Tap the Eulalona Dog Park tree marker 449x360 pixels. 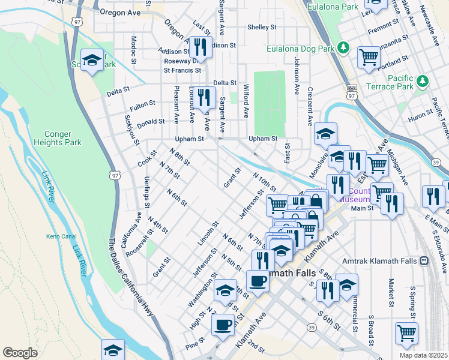pyautogui.click(x=343, y=46)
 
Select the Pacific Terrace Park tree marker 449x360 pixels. pyautogui.click(x=423, y=80)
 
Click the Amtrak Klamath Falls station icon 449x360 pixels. pyautogui.click(x=424, y=260)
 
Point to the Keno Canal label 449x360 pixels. pyautogui.click(x=59, y=236)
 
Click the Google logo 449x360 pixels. pyautogui.click(x=20, y=352)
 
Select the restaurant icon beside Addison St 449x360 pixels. pyautogui.click(x=201, y=47)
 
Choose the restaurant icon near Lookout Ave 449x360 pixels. pyautogui.click(x=205, y=97)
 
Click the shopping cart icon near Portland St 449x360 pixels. pyautogui.click(x=369, y=58)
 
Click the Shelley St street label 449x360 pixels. pyautogui.click(x=262, y=27)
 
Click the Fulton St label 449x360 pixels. pyautogui.click(x=143, y=105)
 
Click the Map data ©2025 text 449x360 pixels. pyautogui.click(x=423, y=355)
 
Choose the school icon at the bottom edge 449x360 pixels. pyautogui.click(x=113, y=350)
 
